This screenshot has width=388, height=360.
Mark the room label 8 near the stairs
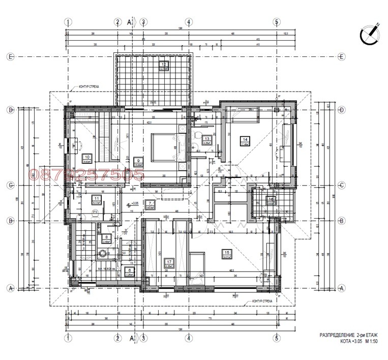[x=106, y=236]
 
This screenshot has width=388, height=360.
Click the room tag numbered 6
[x=130, y=271]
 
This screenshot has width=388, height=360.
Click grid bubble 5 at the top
[x=277, y=22]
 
